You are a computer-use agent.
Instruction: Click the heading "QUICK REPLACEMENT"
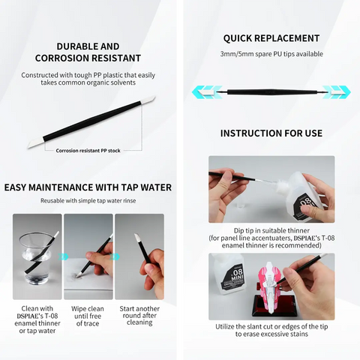click(271, 38)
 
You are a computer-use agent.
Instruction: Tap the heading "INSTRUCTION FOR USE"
click(271, 133)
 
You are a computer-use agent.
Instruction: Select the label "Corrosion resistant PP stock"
click(88, 151)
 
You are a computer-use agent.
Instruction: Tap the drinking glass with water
click(35, 259)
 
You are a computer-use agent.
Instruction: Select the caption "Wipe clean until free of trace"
click(88, 316)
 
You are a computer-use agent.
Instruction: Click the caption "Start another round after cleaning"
click(139, 316)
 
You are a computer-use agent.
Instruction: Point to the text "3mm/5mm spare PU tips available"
click(271, 54)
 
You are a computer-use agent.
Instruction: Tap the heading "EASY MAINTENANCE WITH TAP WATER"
click(88, 187)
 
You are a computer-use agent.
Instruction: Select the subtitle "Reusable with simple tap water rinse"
click(88, 201)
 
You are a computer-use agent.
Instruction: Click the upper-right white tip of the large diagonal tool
click(148, 100)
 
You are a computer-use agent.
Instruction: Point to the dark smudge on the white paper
click(74, 276)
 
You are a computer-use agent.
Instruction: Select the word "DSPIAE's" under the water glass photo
click(28, 316)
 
